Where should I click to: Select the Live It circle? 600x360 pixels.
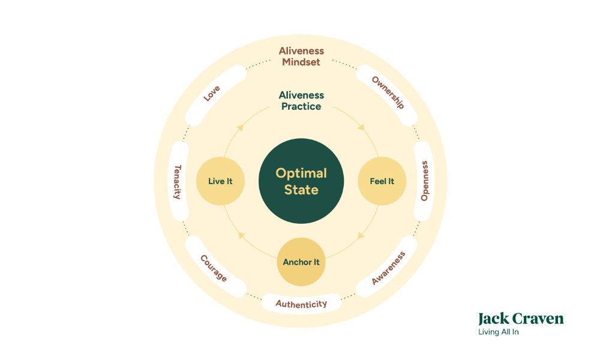[x=220, y=181]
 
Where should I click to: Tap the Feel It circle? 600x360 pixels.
[x=382, y=181]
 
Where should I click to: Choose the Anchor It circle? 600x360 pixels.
[x=301, y=262]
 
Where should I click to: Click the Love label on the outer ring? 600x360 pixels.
[x=211, y=93]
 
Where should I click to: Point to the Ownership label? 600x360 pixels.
[x=388, y=92]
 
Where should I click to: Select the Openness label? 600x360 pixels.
[x=425, y=181]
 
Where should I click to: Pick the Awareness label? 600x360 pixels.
[x=388, y=268]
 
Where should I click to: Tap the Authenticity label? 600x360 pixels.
[x=301, y=304]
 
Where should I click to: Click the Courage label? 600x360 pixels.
[x=214, y=268]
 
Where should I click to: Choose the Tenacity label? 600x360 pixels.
[x=178, y=181]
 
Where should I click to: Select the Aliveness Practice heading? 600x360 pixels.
[x=301, y=101]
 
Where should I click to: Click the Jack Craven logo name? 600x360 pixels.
[x=521, y=319]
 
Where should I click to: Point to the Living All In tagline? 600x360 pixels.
[x=498, y=332]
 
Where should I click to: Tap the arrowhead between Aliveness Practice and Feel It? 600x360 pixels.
[x=362, y=127]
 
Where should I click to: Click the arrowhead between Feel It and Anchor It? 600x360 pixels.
[x=361, y=235]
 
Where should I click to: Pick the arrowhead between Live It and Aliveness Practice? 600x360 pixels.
[x=240, y=127]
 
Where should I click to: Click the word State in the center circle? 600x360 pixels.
[x=301, y=190]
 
